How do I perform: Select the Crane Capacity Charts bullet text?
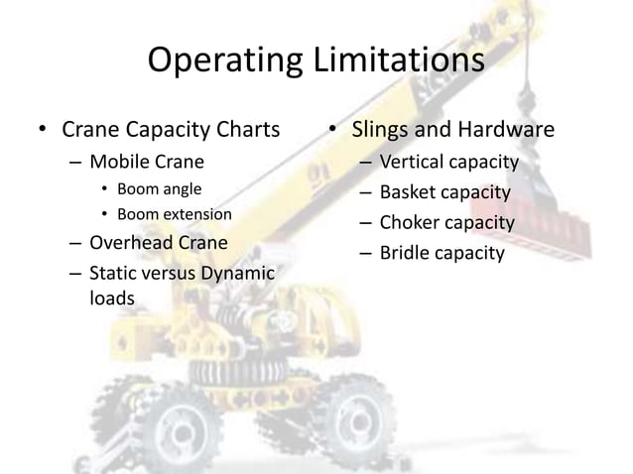[x=171, y=130]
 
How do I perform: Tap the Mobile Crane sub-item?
[x=147, y=162]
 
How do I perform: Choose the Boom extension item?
[x=174, y=213]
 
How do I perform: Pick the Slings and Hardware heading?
[x=455, y=130]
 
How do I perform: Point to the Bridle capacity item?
[x=442, y=253]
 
